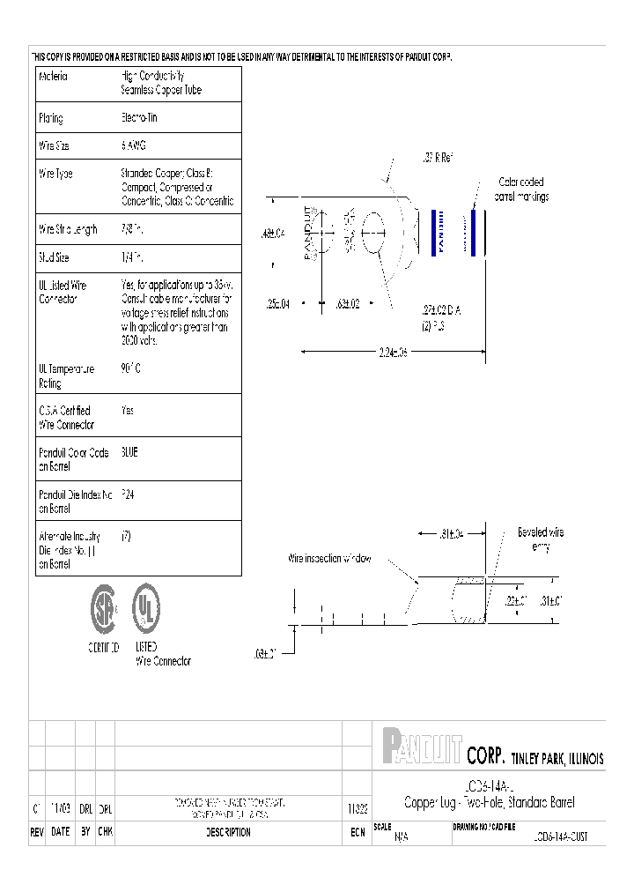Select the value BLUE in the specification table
point(129,452)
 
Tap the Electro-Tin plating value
point(139,117)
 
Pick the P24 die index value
point(128,495)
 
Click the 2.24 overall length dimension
point(393,352)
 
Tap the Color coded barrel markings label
point(521,190)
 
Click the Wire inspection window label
point(330,558)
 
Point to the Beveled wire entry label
point(540,539)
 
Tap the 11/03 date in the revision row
point(60,808)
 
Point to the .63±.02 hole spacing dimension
point(348,304)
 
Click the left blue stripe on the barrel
point(433,233)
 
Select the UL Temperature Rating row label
point(67,376)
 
